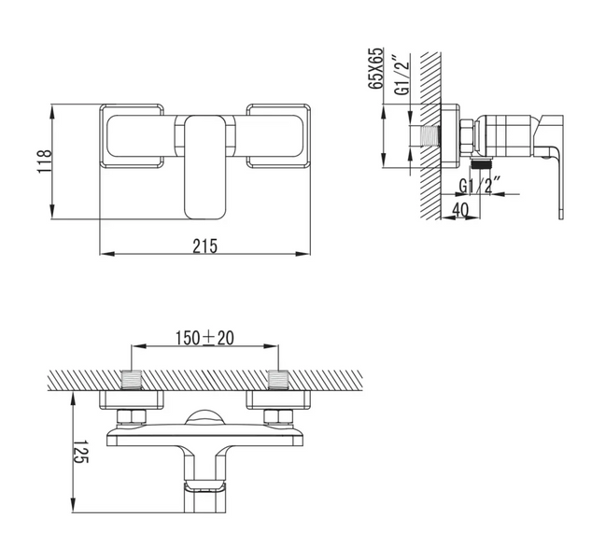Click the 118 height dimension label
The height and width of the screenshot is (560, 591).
44,161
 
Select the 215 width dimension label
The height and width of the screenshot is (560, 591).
205,246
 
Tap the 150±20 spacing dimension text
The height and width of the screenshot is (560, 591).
204,338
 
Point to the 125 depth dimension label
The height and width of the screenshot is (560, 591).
80,452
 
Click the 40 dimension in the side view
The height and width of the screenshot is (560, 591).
460,210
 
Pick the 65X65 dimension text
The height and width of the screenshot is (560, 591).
375,68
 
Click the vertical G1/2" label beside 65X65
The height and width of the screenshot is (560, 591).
402,75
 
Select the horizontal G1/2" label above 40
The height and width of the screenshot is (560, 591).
480,186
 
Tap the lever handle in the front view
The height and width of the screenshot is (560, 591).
205,167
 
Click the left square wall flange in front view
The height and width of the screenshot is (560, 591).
132,135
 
